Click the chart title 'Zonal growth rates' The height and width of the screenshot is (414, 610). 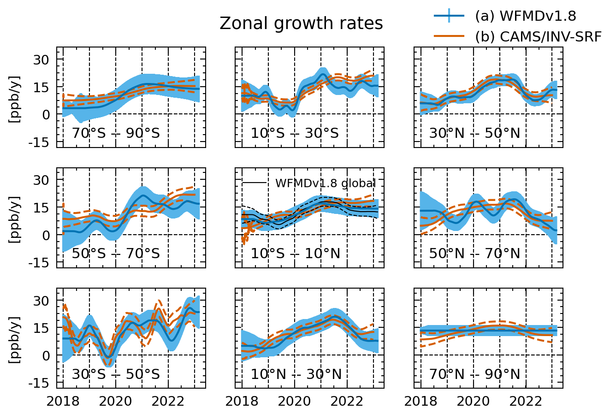301,24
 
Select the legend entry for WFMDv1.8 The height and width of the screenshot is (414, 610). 525,16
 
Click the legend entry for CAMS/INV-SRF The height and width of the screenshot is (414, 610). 538,36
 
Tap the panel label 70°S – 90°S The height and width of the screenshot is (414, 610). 116,134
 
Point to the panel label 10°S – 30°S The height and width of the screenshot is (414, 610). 295,134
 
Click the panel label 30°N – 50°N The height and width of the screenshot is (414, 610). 474,134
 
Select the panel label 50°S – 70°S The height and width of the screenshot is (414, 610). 116,254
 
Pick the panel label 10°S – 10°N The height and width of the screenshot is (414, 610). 296,254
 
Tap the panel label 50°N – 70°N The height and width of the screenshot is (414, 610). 474,254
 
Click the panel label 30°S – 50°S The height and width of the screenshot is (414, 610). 116,374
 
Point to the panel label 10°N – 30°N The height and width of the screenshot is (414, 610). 296,374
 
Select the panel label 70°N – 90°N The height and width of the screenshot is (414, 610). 474,374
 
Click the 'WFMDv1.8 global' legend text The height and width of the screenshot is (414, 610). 325,183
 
